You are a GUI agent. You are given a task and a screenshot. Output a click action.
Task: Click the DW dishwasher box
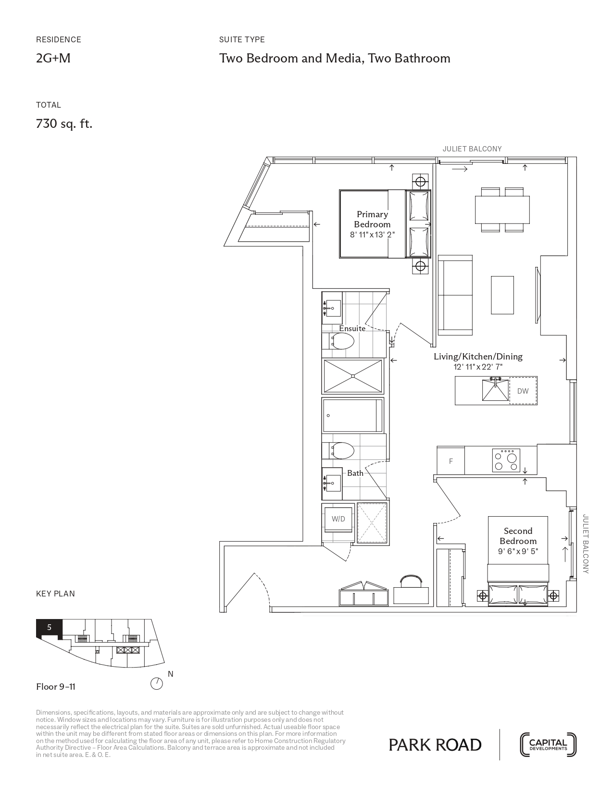(523, 391)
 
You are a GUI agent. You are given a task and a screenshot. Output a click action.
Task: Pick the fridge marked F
(451, 461)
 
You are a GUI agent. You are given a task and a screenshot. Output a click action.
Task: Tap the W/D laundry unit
(338, 519)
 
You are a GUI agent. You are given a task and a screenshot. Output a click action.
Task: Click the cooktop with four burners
(506, 460)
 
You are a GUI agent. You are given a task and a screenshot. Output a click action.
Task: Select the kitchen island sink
(495, 390)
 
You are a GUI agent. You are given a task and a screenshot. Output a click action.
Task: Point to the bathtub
(353, 415)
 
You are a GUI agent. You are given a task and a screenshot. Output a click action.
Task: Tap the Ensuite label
(352, 328)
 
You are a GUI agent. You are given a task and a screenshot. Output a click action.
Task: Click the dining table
(502, 210)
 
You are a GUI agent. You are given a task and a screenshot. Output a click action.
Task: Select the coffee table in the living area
(502, 295)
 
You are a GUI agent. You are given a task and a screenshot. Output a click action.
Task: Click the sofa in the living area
(455, 295)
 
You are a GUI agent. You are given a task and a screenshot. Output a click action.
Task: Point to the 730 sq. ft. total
(64, 124)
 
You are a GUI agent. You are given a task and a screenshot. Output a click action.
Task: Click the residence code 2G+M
(53, 58)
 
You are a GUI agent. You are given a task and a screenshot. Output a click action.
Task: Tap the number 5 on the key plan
(50, 628)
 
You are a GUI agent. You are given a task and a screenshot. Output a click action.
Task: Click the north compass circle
(157, 683)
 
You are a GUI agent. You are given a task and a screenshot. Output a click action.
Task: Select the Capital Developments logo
(548, 745)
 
